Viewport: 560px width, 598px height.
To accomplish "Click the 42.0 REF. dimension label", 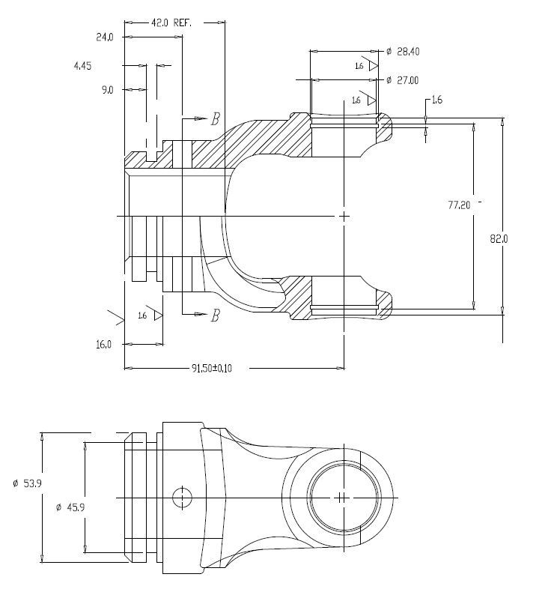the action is [x=171, y=23].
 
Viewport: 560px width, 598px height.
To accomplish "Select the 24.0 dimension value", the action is [x=104, y=37].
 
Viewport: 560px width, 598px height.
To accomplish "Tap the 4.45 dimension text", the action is [x=82, y=66].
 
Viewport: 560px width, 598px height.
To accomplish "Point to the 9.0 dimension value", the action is [x=107, y=90].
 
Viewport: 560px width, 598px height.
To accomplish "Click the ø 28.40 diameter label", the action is [x=403, y=52].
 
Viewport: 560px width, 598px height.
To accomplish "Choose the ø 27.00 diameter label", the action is [x=402, y=80].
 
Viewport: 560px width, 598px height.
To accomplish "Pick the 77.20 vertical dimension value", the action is [x=459, y=205].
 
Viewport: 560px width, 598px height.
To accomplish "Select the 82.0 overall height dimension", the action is [x=499, y=239].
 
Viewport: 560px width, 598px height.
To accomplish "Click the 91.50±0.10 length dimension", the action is [x=211, y=369].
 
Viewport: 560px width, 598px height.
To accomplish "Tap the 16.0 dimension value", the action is [x=103, y=345].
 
